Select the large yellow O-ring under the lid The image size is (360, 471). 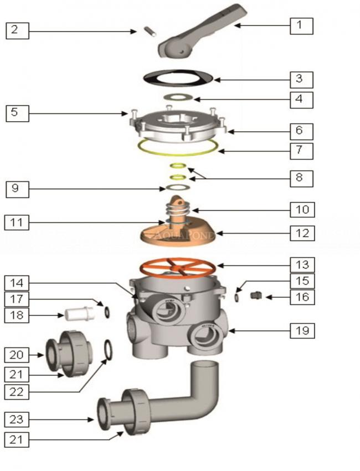(177, 147)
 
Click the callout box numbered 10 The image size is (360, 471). (304, 210)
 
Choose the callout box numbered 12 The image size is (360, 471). (303, 233)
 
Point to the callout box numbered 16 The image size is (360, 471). (302, 297)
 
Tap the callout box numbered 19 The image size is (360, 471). (304, 331)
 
